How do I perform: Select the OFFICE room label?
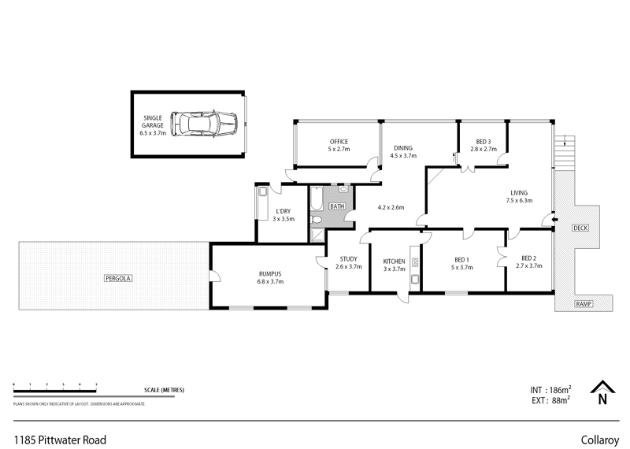coord(338,142)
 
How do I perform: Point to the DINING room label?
coord(402,148)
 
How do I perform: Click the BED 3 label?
coord(482,141)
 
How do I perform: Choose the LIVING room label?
coord(518,193)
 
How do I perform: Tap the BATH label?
coord(337,206)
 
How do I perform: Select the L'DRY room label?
coord(283,211)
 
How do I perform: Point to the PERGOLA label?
coord(114,278)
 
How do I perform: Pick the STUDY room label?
coord(348,259)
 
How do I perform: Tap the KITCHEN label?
coord(394,261)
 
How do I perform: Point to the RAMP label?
coord(583,304)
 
